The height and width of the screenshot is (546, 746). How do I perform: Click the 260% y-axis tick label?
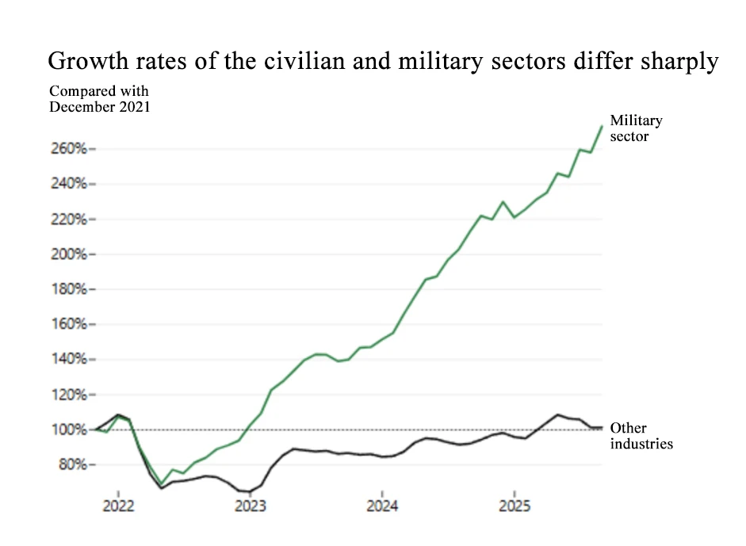[x=70, y=149]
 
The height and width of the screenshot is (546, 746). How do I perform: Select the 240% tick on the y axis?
[x=70, y=184]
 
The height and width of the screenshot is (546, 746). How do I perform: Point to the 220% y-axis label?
[x=70, y=220]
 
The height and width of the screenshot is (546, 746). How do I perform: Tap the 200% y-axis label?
[x=70, y=254]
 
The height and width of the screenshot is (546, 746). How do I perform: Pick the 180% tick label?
[x=70, y=289]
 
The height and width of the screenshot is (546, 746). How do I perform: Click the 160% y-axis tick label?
[x=70, y=324]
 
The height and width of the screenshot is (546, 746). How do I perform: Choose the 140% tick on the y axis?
[x=70, y=360]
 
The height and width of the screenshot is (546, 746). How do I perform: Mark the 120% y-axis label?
[x=70, y=395]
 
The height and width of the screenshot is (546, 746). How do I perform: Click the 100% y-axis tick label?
[x=70, y=430]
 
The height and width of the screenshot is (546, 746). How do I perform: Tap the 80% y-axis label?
[x=73, y=464]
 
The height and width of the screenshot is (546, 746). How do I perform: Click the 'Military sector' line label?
[x=636, y=128]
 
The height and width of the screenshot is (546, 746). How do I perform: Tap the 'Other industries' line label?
[x=641, y=436]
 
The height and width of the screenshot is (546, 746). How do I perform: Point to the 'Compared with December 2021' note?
[x=99, y=99]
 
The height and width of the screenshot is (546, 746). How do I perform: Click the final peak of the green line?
[x=602, y=126]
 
